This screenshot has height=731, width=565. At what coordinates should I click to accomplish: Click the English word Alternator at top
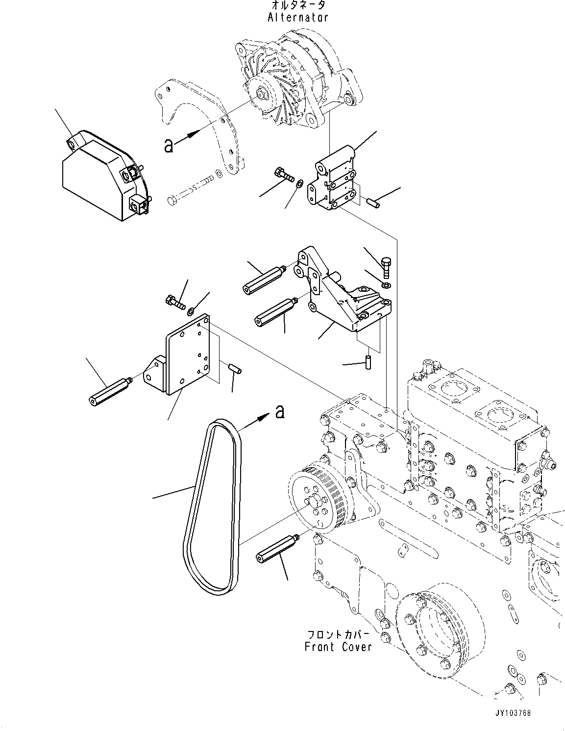298,17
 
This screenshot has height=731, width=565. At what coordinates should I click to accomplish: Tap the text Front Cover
338,647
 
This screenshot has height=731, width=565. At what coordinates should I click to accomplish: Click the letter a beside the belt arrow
280,411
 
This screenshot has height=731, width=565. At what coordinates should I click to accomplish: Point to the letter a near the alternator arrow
169,145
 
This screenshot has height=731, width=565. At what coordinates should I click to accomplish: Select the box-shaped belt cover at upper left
106,175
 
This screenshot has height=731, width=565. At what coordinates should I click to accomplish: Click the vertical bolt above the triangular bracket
386,268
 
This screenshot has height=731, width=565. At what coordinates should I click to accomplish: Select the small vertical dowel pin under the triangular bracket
368,363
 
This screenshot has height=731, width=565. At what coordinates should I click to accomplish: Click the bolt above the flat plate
176,302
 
